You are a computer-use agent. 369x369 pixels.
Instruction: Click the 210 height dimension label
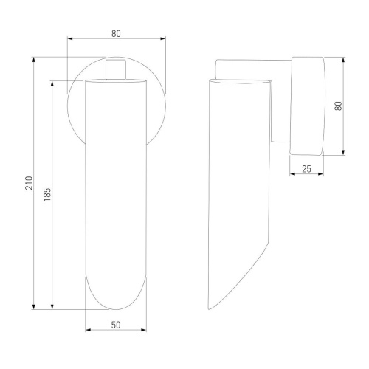pos(29,183)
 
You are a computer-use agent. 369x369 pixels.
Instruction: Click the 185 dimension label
pos(47,195)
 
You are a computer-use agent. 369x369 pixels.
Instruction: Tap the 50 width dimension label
pos(116,325)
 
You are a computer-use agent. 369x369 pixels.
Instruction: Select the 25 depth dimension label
pos(306,169)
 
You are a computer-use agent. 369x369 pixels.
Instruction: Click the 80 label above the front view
pos(116,33)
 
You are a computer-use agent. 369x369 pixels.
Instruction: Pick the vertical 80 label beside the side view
pos(339,106)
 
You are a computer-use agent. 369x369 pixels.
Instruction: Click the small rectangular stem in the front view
pos(116,69)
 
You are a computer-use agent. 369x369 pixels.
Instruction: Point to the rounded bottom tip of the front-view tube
pos(116,309)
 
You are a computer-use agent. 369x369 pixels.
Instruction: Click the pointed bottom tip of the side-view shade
pos(210,309)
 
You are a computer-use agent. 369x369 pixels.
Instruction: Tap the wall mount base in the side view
pos(307,106)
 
